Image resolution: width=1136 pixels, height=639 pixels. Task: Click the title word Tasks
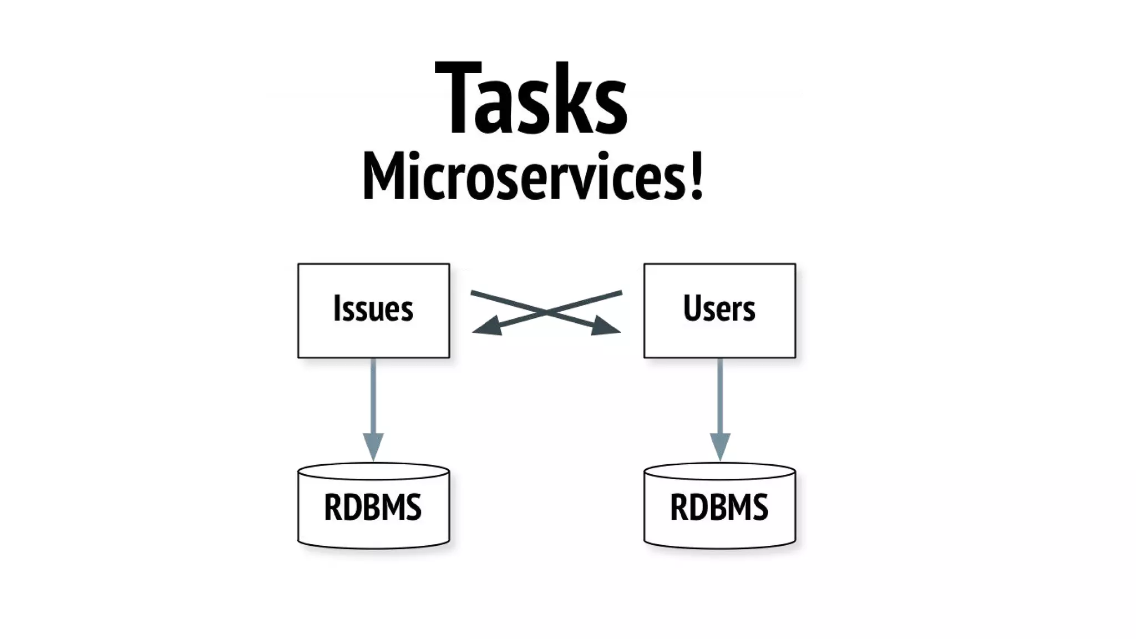point(531,100)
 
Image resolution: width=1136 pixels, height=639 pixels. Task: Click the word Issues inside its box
point(373,309)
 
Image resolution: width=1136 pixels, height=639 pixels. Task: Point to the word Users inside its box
point(719,309)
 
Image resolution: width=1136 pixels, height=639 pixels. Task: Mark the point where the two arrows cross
point(546,312)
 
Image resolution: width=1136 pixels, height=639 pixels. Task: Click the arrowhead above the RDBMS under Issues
point(373,446)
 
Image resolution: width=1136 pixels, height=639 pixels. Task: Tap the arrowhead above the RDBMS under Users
point(719,446)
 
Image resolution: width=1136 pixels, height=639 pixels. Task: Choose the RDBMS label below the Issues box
point(373,507)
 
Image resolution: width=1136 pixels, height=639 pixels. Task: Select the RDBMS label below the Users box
point(719,507)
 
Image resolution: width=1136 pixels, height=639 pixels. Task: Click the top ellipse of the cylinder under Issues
point(373,471)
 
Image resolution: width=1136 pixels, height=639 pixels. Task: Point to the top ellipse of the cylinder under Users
point(719,471)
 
